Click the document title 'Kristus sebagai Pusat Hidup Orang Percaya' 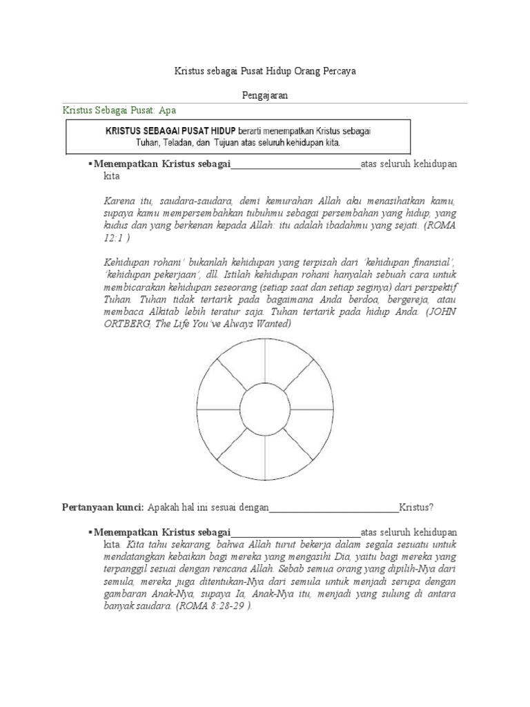(x=264, y=72)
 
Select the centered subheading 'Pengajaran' (x=264, y=96)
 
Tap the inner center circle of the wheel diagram (x=264, y=409)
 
